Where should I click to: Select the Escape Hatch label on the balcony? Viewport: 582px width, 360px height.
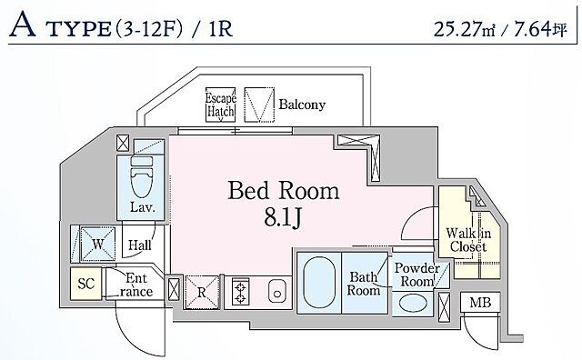tap(221, 105)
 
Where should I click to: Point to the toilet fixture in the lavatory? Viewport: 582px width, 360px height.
tap(142, 177)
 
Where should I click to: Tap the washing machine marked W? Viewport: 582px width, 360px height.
tap(98, 243)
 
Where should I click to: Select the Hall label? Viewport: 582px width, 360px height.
tap(139, 245)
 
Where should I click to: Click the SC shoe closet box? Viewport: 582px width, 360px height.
tap(85, 284)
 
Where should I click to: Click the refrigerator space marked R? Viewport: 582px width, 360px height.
tap(202, 291)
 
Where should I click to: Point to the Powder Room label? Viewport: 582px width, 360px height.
tap(417, 275)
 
